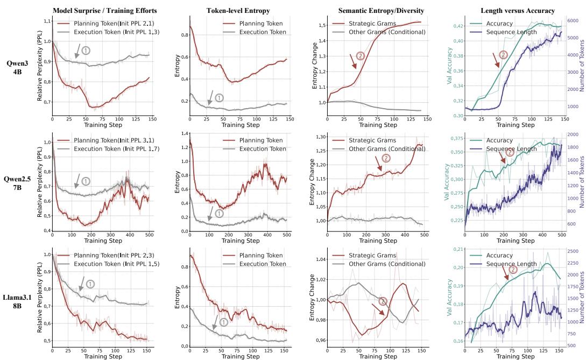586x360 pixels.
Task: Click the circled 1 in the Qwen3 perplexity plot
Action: (x=86, y=50)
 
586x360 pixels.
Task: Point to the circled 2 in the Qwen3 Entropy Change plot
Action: (x=361, y=55)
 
